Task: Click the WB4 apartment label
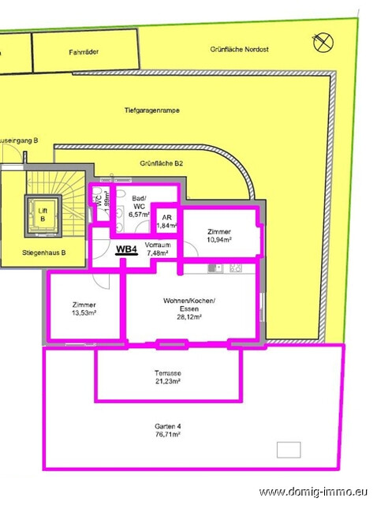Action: tap(125, 249)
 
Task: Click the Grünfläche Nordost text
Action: tap(239, 49)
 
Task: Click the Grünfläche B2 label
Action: tap(161, 163)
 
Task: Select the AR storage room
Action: tap(166, 222)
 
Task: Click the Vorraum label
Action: tap(159, 245)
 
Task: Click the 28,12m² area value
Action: tap(189, 318)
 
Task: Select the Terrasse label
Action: tap(167, 372)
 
